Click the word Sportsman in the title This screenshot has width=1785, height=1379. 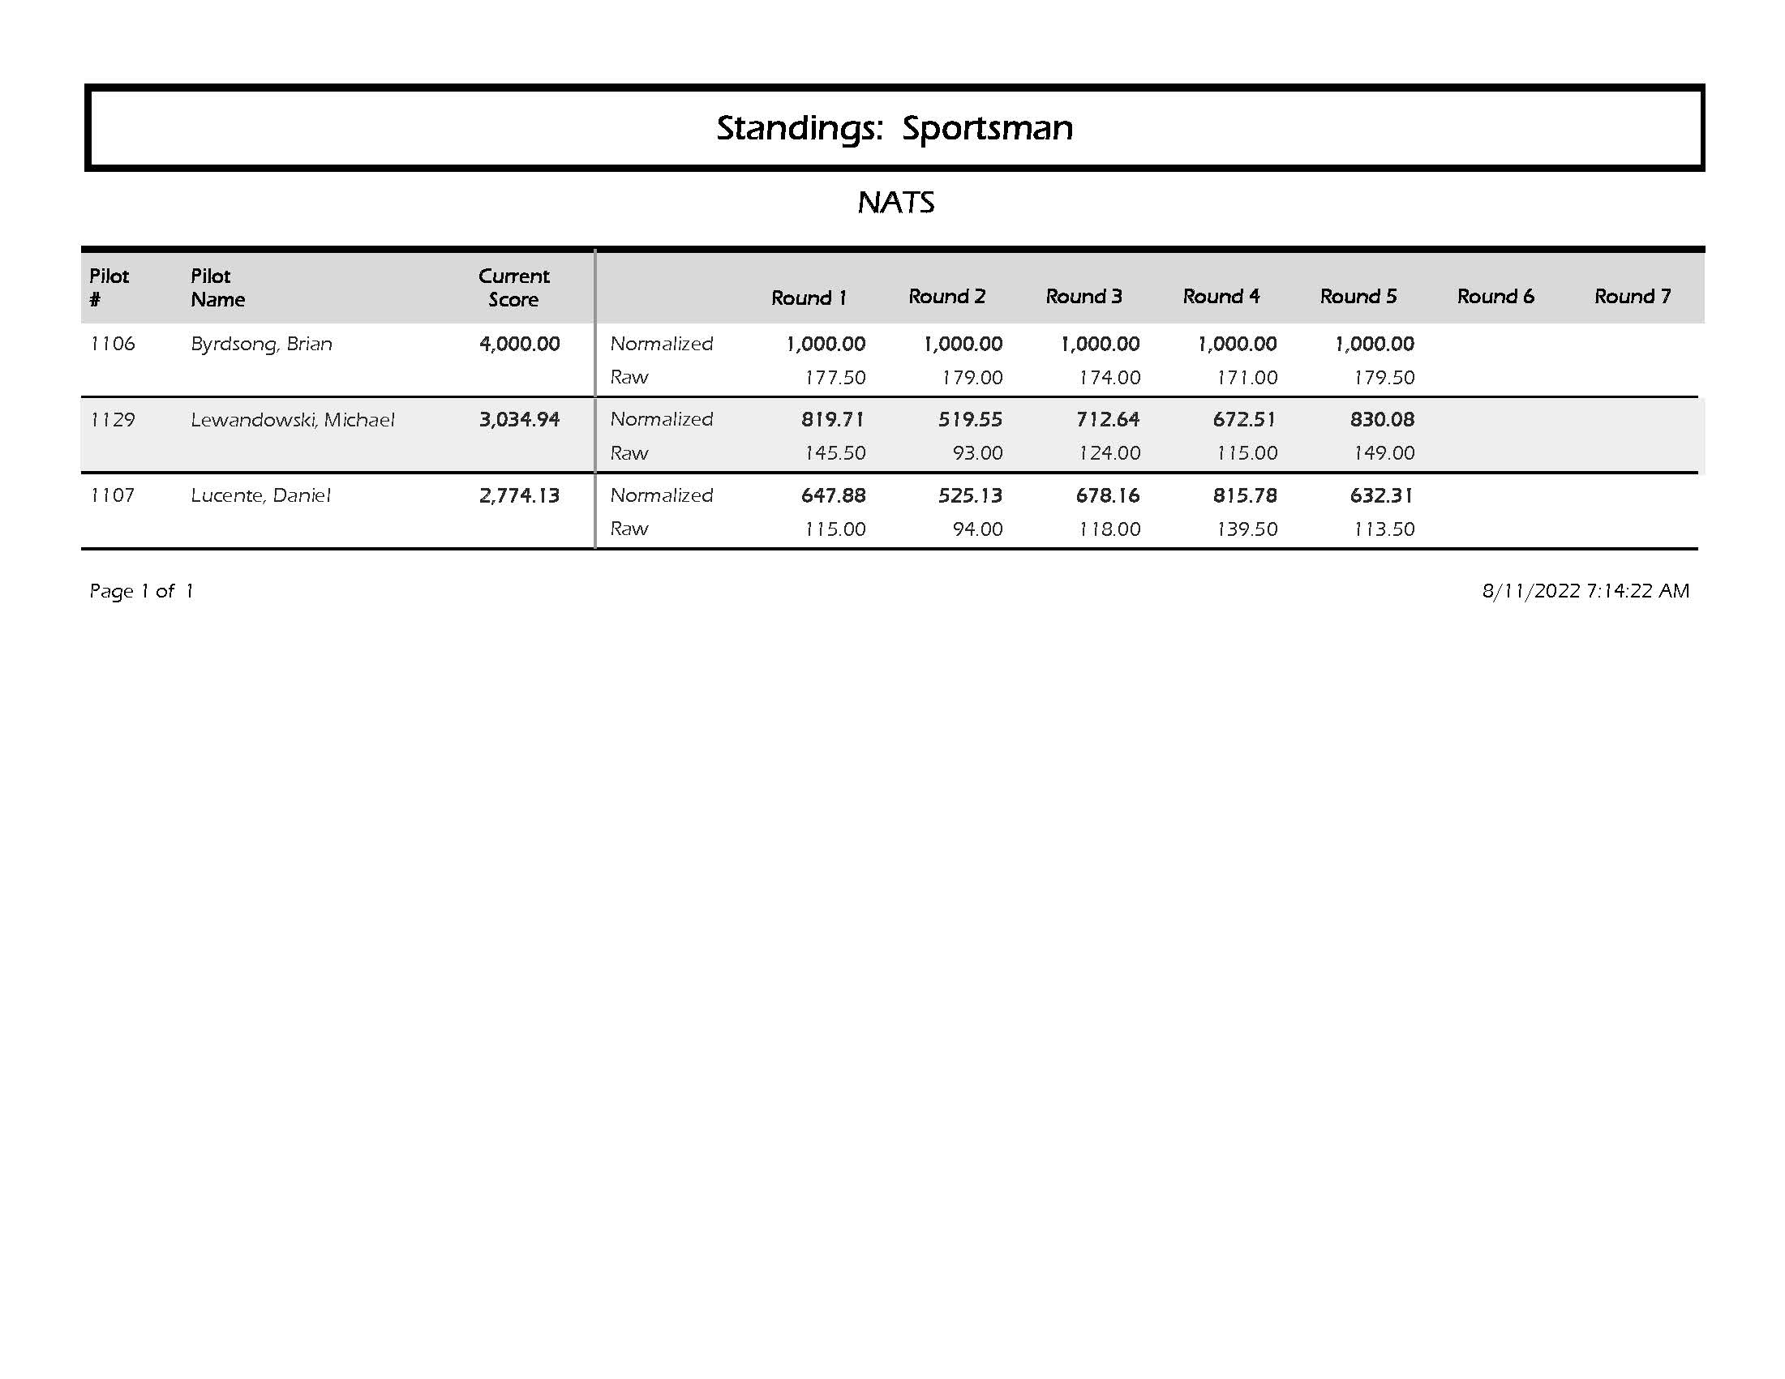[x=986, y=128]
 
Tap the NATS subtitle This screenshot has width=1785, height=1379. [x=896, y=203]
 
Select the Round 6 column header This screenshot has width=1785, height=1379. [x=1495, y=297]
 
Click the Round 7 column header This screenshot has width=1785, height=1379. [x=1633, y=297]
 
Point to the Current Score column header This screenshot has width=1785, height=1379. [x=514, y=288]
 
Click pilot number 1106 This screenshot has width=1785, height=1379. [x=112, y=344]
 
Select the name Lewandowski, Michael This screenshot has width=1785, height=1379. [x=293, y=420]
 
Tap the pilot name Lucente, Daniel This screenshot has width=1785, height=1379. [x=260, y=495]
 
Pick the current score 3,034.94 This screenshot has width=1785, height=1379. [x=519, y=420]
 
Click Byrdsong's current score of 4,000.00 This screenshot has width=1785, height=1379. [x=519, y=344]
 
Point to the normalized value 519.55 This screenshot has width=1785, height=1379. [x=970, y=420]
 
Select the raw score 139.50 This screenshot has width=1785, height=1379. [x=1246, y=529]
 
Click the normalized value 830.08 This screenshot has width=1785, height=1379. [x=1382, y=420]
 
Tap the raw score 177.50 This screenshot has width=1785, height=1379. [x=835, y=378]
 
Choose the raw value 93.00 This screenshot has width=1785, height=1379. [x=976, y=453]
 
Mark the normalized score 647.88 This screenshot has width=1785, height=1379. [x=833, y=495]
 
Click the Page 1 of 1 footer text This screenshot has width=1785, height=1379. [x=141, y=591]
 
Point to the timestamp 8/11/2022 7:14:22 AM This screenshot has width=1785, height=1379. [x=1585, y=591]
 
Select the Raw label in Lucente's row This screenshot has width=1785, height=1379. [x=629, y=529]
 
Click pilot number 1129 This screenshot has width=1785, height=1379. [x=112, y=420]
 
